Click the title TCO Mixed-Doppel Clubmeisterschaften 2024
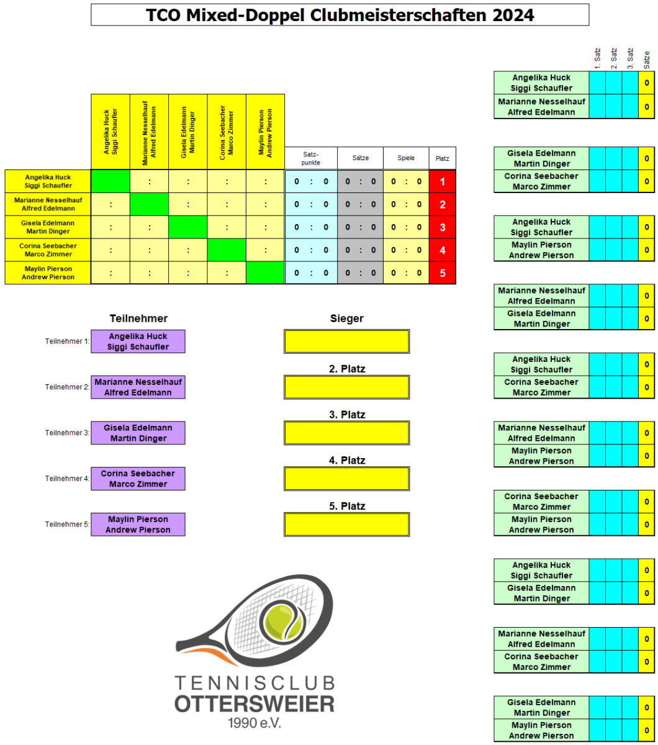[340, 15]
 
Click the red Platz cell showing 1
[442, 182]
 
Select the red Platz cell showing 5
[442, 273]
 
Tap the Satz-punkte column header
[310, 158]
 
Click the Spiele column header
[406, 158]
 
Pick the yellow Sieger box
[346, 341]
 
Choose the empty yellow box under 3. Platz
[346, 433]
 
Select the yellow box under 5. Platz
[346, 524]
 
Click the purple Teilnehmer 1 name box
[138, 341]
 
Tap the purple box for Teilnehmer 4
[138, 479]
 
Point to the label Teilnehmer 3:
[68, 433]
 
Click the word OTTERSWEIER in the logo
[255, 704]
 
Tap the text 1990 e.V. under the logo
[255, 723]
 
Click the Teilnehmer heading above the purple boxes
[138, 318]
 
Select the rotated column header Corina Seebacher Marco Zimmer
[227, 131]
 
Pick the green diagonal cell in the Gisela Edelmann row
[187, 227]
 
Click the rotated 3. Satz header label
[630, 58]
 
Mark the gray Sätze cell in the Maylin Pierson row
[360, 273]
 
